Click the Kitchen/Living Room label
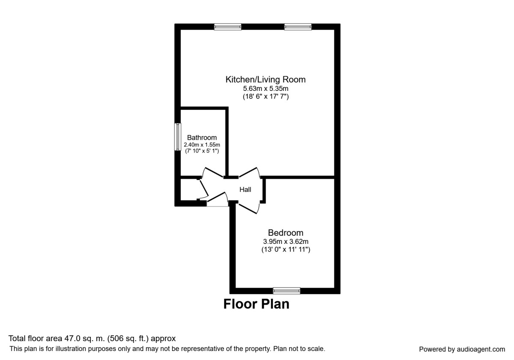pos(266,79)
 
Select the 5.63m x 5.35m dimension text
pos(266,89)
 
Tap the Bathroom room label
pos(202,138)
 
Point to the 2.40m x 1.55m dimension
pos(202,145)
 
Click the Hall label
pos(245,189)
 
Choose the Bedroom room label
pos(285,233)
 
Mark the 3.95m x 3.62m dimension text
pos(285,241)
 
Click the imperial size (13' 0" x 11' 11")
pos(285,249)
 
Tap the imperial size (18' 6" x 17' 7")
pos(266,97)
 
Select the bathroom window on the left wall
pos(177,137)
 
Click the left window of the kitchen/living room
pos(228,27)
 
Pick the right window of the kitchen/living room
pos(298,27)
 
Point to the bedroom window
pos(287,291)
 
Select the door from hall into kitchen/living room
pos(250,171)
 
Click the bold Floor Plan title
pos(256,304)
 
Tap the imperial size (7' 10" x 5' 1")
pos(202,151)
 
